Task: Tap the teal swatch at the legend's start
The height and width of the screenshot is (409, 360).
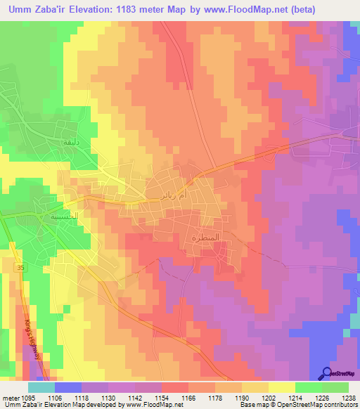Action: point(41,387)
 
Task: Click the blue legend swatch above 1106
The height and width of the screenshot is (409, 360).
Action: point(68,387)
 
